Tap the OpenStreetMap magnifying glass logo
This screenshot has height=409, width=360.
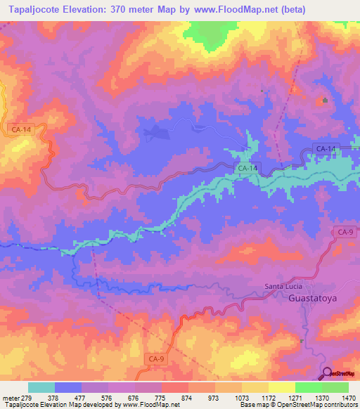click(x=328, y=374)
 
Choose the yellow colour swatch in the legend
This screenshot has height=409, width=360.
click(x=281, y=387)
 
